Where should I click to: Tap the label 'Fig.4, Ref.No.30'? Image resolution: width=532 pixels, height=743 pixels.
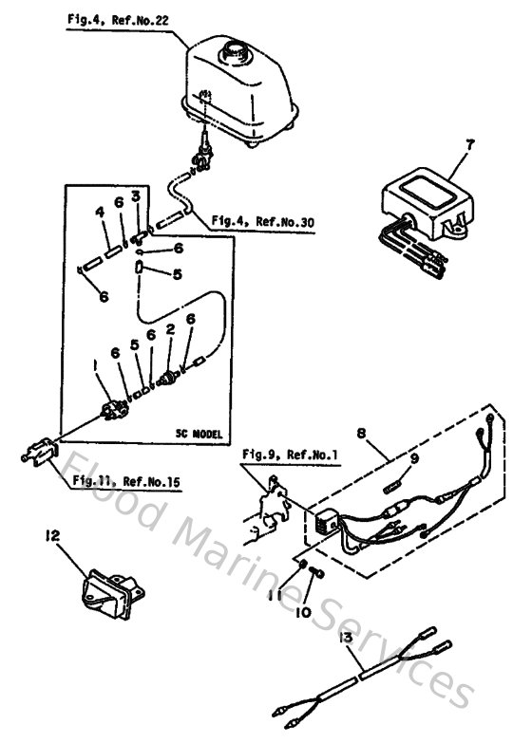click(271, 222)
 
